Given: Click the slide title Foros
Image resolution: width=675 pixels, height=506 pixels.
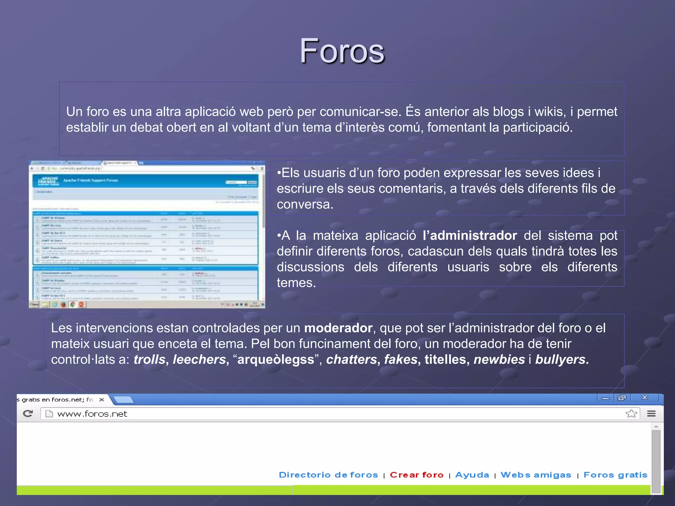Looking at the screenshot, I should click(342, 51).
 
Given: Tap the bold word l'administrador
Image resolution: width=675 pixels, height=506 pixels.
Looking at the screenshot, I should click(470, 236).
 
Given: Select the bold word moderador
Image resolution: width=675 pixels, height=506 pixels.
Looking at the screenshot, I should click(338, 328).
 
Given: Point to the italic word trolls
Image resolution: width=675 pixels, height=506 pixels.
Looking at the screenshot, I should click(149, 359).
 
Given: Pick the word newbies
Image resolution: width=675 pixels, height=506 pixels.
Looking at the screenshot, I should click(499, 359).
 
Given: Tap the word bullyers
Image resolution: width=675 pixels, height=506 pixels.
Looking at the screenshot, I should click(560, 359).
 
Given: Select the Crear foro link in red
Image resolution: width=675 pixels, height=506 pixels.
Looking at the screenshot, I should click(417, 475).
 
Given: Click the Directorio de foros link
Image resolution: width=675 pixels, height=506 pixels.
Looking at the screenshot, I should click(328, 475).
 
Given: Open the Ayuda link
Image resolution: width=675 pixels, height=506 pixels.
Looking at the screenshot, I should click(472, 475).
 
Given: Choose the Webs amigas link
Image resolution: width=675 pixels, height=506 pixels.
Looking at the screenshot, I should click(536, 475).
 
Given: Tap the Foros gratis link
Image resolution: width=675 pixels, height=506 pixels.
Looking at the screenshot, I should click(615, 475).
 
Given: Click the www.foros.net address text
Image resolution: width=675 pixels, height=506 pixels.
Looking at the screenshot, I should click(92, 414).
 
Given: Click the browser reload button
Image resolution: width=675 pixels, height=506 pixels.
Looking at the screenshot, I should click(28, 413).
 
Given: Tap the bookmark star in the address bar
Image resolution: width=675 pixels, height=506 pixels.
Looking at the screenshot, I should click(631, 413).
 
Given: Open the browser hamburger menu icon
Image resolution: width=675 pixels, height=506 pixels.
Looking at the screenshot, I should click(651, 413).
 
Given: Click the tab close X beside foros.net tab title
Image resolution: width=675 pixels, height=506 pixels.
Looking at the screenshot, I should click(102, 400).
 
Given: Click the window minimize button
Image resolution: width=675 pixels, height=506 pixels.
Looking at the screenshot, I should click(606, 398).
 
